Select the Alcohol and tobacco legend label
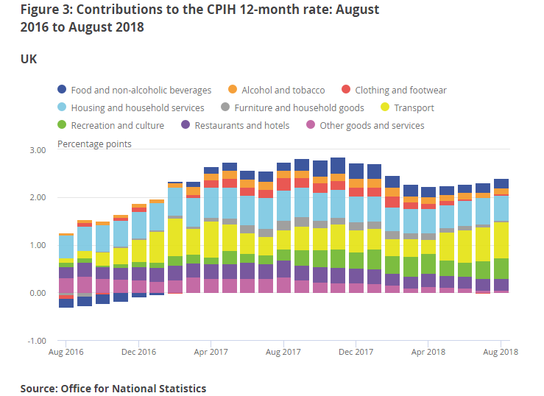point(282,91)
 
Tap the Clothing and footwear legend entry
point(400,91)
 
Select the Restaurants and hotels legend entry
point(241,126)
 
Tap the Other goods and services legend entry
point(372,126)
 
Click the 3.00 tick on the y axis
point(37,150)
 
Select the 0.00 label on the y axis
point(37,293)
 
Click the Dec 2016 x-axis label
point(138,352)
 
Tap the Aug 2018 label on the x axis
point(501,352)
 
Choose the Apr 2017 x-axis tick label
point(211,352)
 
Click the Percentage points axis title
point(94,144)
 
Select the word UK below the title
point(29,59)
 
